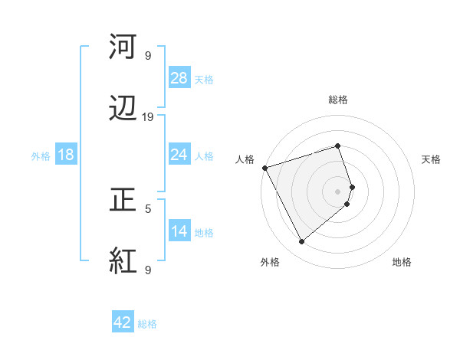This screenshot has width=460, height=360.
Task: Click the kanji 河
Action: [123, 48]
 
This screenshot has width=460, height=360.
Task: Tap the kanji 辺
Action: [123, 110]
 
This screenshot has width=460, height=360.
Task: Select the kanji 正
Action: [123, 201]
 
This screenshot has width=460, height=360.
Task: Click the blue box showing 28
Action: [179, 77]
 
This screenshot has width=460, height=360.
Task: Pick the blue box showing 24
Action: [179, 155]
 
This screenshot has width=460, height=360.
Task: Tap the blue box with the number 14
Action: [179, 231]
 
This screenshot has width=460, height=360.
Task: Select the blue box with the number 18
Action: [66, 155]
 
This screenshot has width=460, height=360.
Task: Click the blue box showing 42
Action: [123, 322]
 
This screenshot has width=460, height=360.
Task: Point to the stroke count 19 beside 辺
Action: [148, 117]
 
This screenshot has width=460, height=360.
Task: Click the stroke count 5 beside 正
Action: [148, 208]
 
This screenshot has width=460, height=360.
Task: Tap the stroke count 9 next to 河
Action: [148, 56]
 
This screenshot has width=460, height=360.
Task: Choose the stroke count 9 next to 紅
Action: [148, 270]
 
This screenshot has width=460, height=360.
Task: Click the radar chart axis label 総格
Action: [338, 100]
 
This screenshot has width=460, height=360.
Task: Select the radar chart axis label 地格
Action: [402, 262]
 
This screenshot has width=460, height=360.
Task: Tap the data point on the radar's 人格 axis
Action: [264, 167]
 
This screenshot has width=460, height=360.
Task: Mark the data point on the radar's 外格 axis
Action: [301, 242]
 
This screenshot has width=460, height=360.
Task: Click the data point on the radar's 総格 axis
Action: [338, 146]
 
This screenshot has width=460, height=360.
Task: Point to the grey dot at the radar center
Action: [338, 191]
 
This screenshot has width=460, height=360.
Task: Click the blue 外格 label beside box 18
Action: [41, 155]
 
